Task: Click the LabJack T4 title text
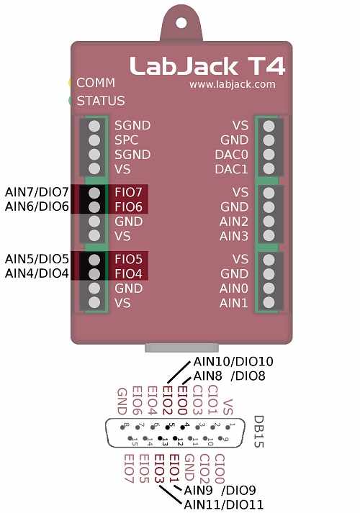[x=207, y=66]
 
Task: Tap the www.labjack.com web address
[x=232, y=84]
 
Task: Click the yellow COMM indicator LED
[x=71, y=83]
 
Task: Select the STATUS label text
[x=100, y=101]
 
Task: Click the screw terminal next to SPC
[x=94, y=140]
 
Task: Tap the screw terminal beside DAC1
[x=269, y=169]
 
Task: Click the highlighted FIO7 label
[x=128, y=193]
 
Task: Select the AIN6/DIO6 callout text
[x=37, y=206]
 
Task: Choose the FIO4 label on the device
[x=128, y=273]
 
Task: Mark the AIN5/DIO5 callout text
[x=37, y=258]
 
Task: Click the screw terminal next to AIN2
[x=269, y=222]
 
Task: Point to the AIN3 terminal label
[x=233, y=236]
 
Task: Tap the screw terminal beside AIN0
[x=269, y=288]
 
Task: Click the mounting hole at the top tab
[x=180, y=22]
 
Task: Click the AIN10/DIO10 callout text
[x=234, y=361]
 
